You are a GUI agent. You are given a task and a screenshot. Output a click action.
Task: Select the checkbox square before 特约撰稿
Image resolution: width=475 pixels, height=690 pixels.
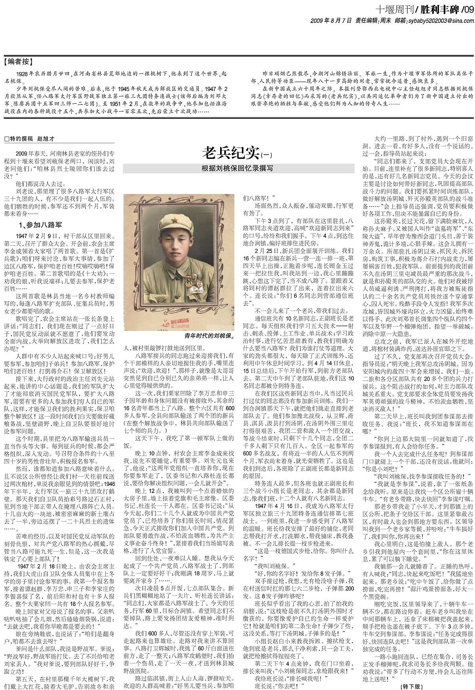tap(6, 139)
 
